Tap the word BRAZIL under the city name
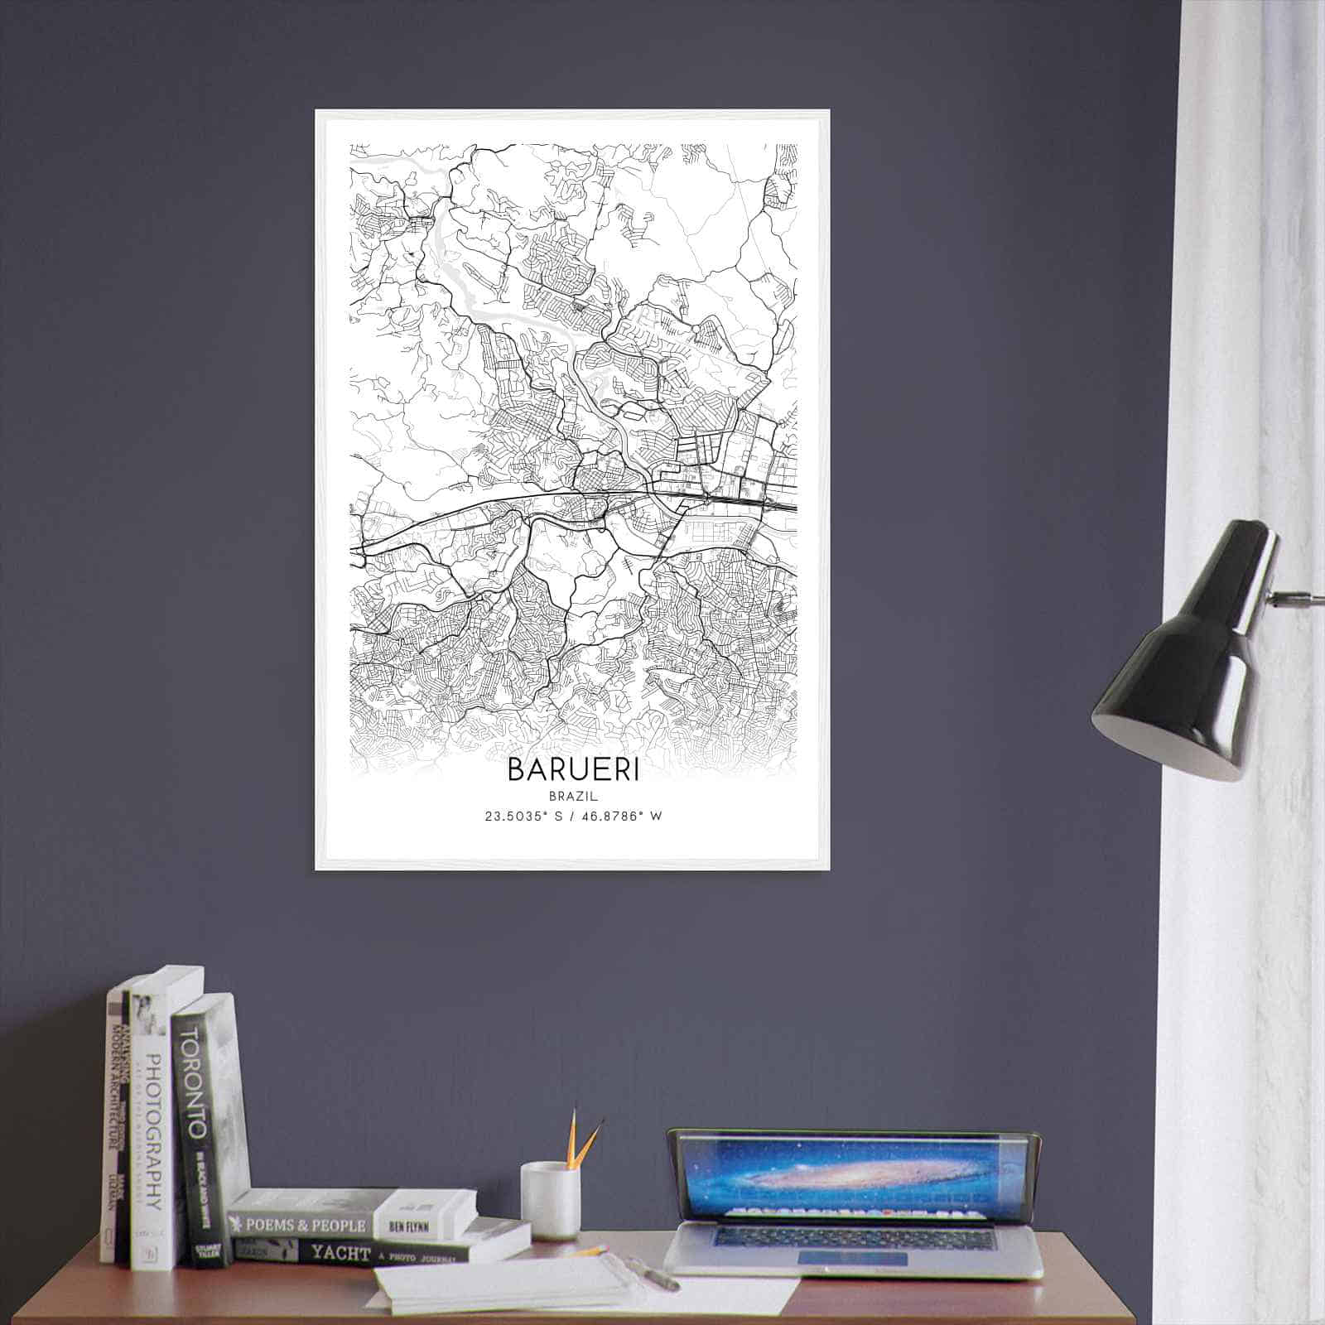coord(572,796)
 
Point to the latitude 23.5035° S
coord(523,817)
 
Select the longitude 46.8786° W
coord(621,817)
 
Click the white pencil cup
coord(549,1200)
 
